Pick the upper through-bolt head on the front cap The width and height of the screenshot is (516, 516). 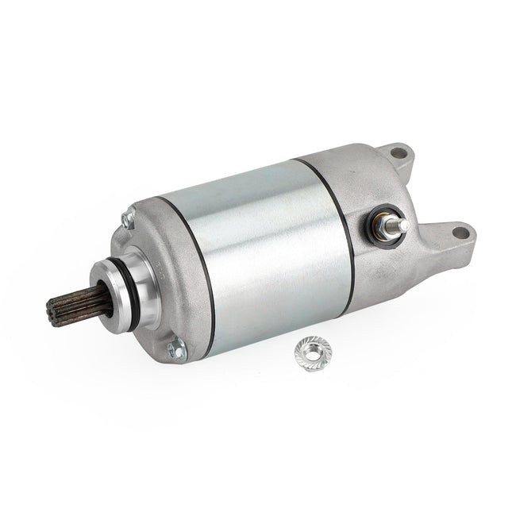coord(125,218)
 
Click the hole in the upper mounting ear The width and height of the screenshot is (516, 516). coord(395,152)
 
